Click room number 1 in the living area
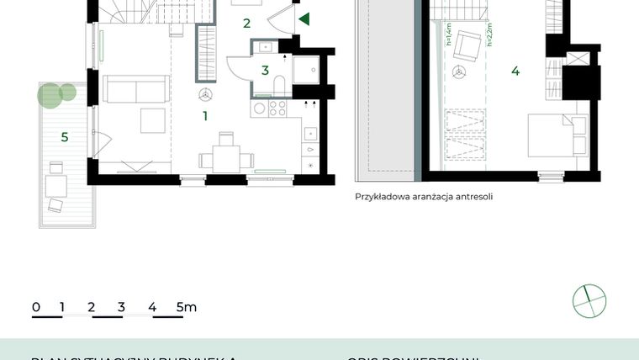[204, 117]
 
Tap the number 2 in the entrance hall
[246, 24]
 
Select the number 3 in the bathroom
[265, 71]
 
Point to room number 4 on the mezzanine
[515, 71]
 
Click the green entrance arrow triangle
[304, 19]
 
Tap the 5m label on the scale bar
[187, 307]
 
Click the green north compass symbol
[589, 300]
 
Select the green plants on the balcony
[52, 93]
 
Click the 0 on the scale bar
[35, 307]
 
